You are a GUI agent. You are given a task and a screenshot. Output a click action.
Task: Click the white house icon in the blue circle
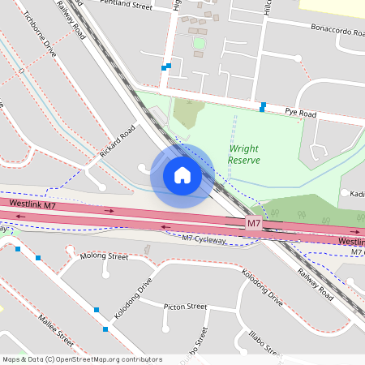point(182,175)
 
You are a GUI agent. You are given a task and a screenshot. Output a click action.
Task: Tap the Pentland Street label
point(127,6)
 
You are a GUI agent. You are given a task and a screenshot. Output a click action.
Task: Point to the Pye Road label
point(299,112)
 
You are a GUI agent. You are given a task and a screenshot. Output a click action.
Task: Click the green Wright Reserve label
point(243,154)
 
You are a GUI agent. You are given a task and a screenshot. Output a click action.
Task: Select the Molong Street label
point(105,256)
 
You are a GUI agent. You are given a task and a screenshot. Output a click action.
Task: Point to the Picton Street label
point(186,307)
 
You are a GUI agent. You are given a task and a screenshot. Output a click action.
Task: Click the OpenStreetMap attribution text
point(83,359)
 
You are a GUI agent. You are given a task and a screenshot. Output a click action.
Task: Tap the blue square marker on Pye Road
point(263,106)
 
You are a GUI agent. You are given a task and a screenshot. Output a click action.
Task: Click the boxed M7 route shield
point(254,223)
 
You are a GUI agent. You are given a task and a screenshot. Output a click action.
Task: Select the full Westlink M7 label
point(32,206)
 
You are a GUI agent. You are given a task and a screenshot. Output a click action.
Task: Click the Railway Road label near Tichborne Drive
point(71,19)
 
